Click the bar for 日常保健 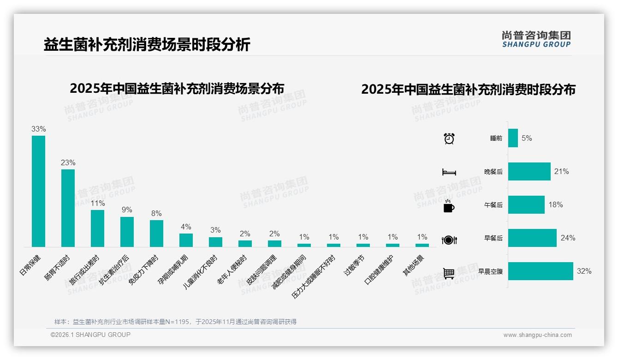pos(38,191)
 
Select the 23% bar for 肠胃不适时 pos(68,208)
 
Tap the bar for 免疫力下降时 pos(156,233)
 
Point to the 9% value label pos(127,210)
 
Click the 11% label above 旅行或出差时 pos(97,203)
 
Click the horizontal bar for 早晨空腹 pos(541,271)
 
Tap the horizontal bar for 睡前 pos(513,138)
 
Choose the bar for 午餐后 pos(526,205)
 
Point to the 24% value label pos(568,238)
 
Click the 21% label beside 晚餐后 pos(561,172)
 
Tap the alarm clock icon pos(449,138)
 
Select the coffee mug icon pos(449,206)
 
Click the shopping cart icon pos(449,274)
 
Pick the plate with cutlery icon pos(449,240)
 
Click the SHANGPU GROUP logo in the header pos(536,39)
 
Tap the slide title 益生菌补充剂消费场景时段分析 pos(147,45)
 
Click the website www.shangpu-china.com pos(537,335)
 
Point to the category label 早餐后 pos(493,239)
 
